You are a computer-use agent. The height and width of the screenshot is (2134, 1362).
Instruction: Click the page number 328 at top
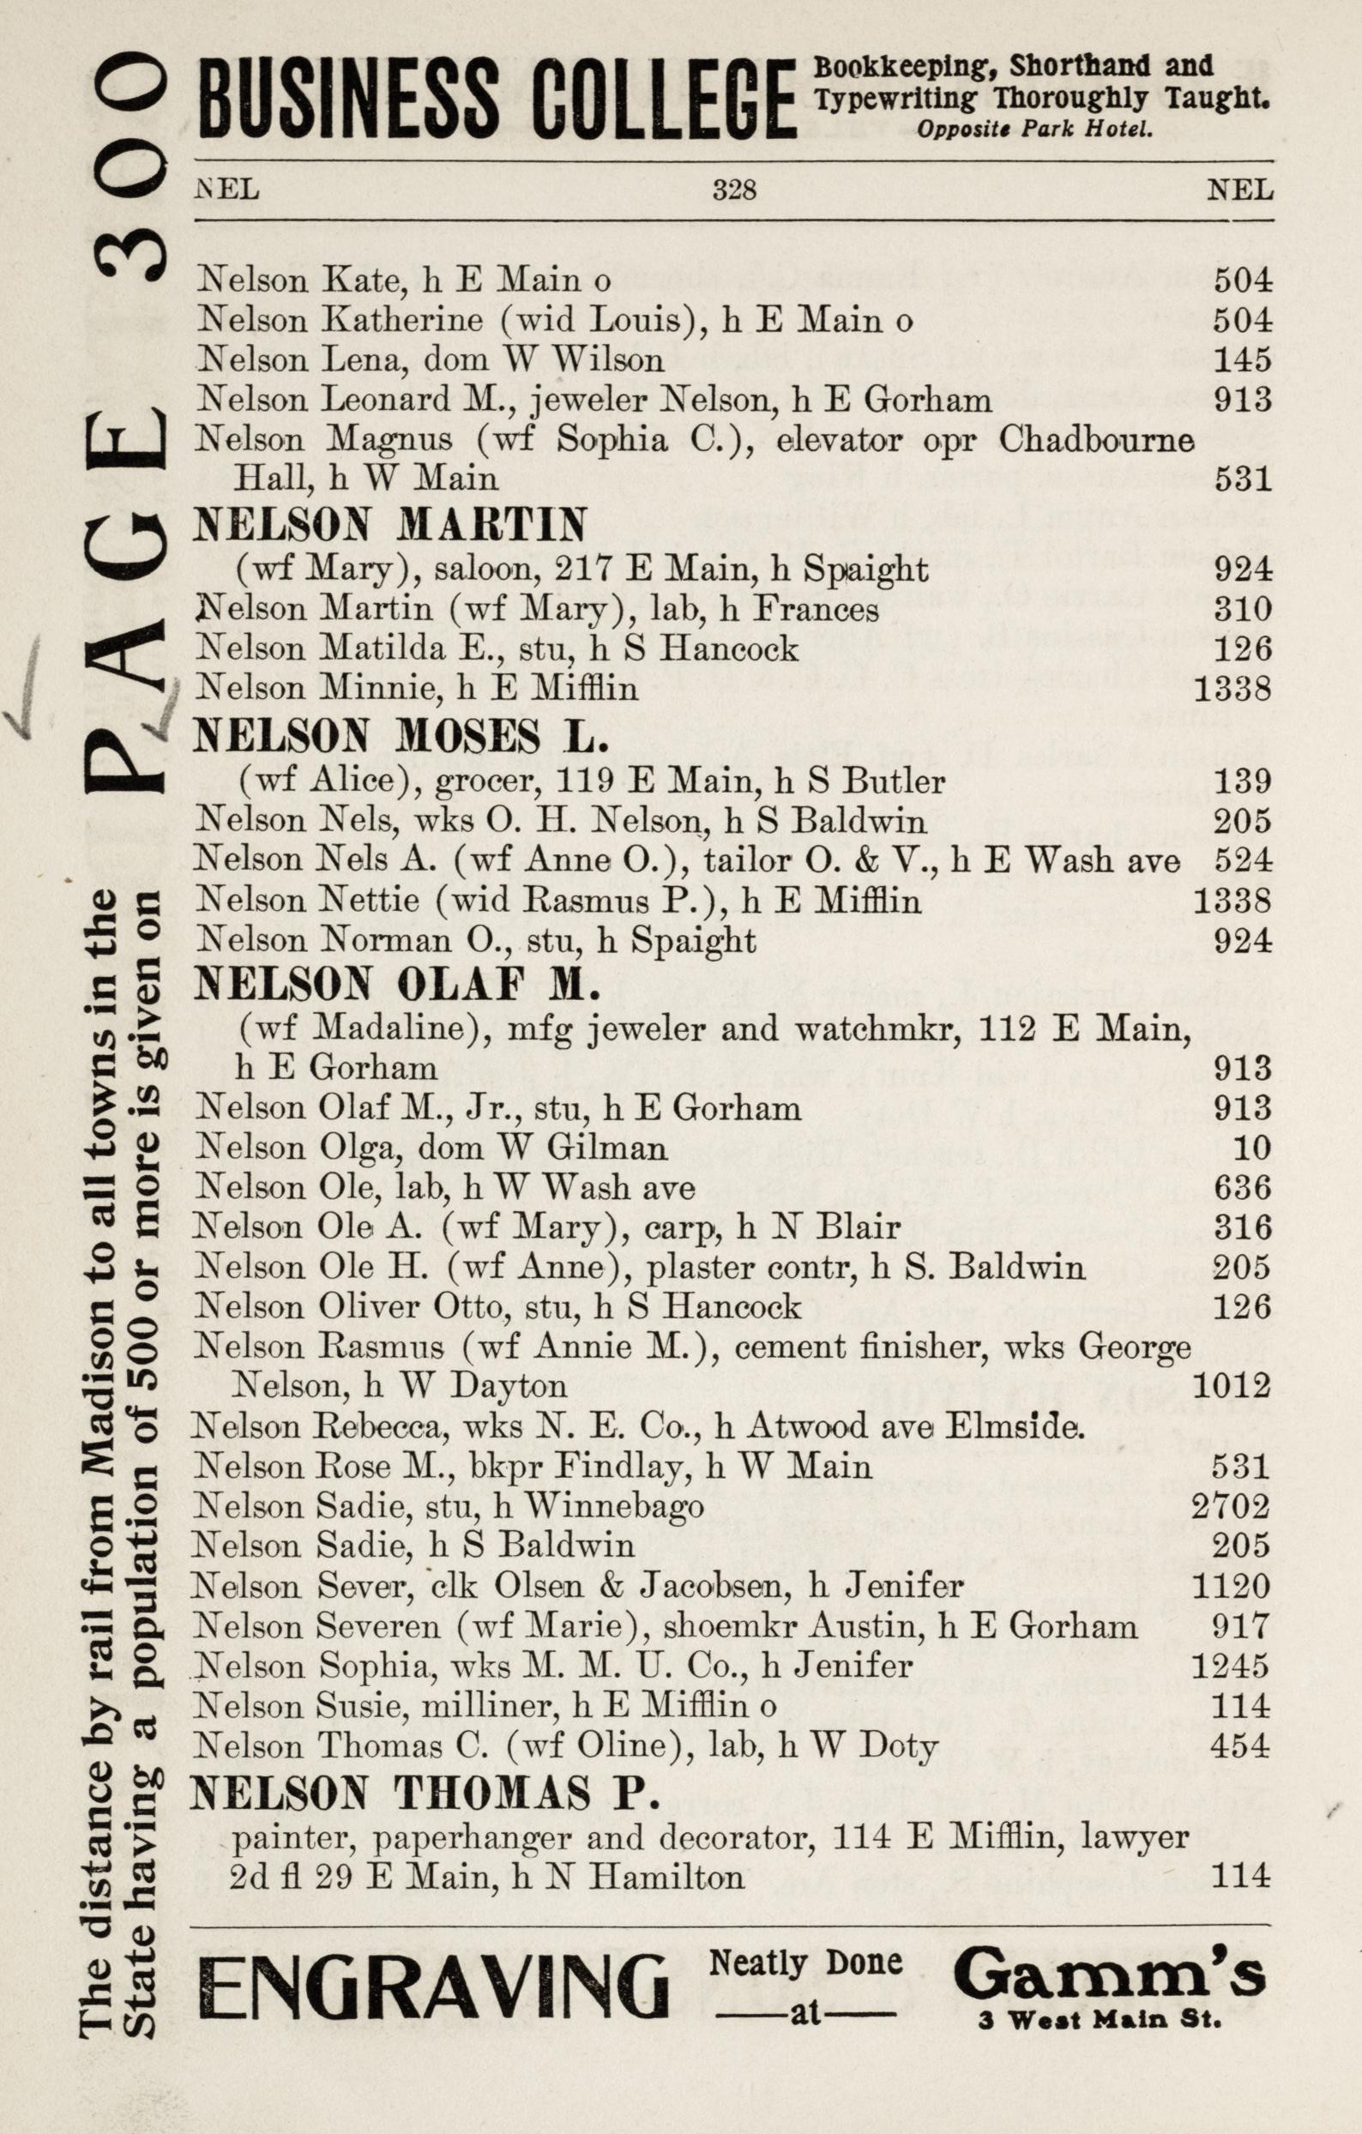pos(735,190)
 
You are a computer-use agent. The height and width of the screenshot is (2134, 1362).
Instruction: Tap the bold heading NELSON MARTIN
pos(390,526)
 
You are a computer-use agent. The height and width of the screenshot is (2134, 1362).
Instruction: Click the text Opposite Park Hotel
pos(1034,130)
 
